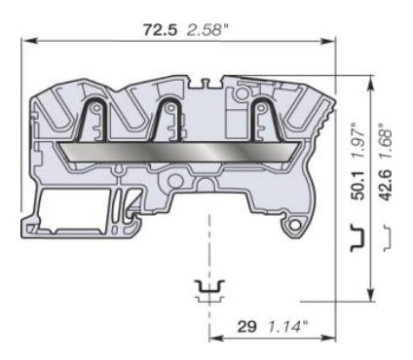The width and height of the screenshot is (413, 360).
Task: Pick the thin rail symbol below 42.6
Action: point(391,236)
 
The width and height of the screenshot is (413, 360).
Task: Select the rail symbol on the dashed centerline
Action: point(208,289)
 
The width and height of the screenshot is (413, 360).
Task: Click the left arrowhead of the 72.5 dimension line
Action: point(27,40)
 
